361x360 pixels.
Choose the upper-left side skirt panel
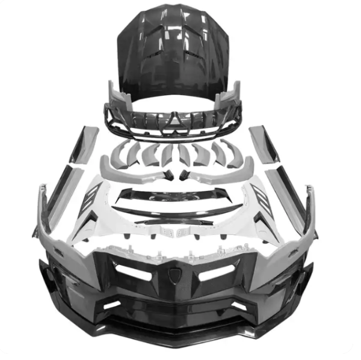point(84,144)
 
